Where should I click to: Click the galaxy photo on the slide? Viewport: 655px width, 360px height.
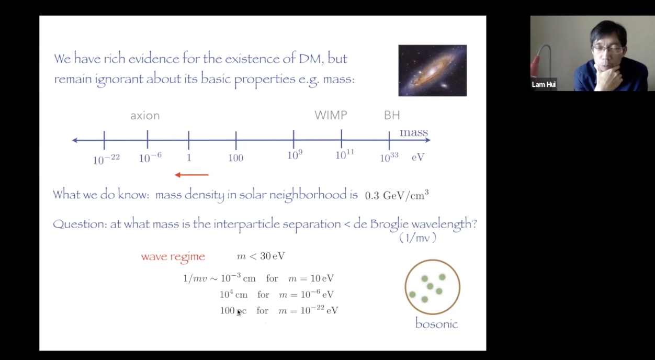pos(432,71)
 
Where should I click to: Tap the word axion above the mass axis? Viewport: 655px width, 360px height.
pos(145,116)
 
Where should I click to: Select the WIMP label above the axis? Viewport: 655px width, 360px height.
pos(331,115)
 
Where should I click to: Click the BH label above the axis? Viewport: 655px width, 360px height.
pos(392,115)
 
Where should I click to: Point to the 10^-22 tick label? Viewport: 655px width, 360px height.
pos(106,159)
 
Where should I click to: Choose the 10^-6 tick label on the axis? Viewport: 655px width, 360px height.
pos(150,157)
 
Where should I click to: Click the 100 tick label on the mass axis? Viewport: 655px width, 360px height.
pos(235,158)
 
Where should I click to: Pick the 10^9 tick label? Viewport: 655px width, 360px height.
pos(295,155)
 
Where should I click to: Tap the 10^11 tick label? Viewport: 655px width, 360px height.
pos(345,155)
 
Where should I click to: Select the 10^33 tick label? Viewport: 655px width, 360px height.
pos(389,157)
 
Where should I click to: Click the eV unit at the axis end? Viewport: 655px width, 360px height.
pos(417,157)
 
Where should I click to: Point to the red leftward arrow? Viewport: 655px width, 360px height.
pos(192,175)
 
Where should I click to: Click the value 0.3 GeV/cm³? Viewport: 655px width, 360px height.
pos(397,195)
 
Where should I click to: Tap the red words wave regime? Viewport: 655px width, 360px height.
pos(173,256)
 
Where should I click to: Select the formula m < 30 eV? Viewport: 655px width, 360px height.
pos(261,256)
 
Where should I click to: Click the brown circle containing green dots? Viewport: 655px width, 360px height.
pos(432,287)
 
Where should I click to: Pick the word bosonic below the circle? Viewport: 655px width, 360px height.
pos(436,324)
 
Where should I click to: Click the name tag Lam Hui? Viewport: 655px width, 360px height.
pos(544,84)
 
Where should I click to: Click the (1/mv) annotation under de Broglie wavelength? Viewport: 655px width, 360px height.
pos(417,238)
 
